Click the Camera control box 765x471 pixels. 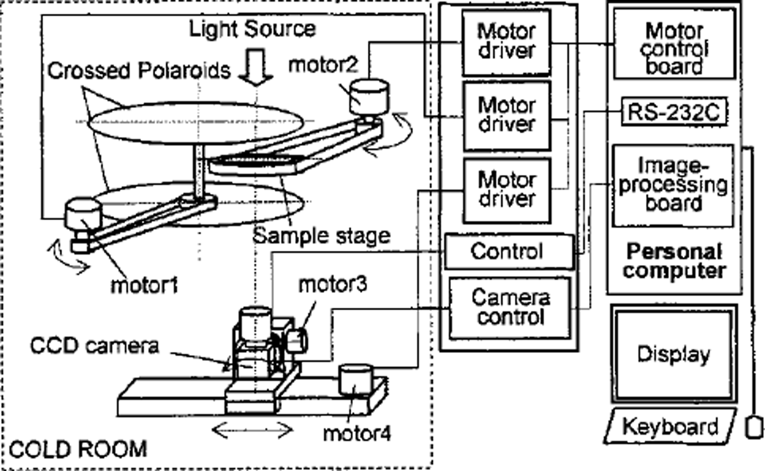(510, 307)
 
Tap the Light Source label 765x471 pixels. (252, 28)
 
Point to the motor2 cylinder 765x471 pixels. (369, 96)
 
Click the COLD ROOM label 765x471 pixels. (79, 449)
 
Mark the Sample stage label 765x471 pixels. (321, 236)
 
